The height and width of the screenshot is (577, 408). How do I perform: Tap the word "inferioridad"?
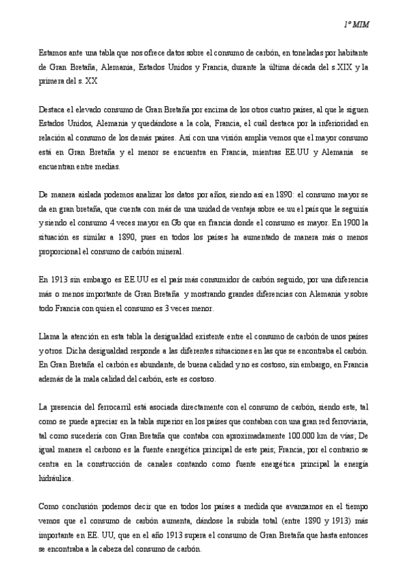[344, 122]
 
